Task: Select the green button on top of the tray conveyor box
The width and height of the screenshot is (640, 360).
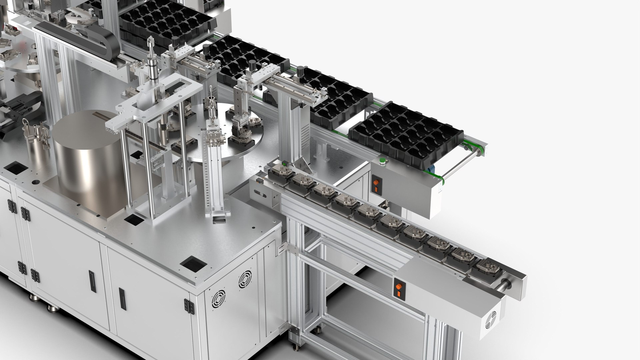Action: [x=383, y=162]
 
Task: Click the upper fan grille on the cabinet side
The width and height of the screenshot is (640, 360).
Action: [x=245, y=279]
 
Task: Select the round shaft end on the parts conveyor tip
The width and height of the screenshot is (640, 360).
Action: [x=503, y=284]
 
